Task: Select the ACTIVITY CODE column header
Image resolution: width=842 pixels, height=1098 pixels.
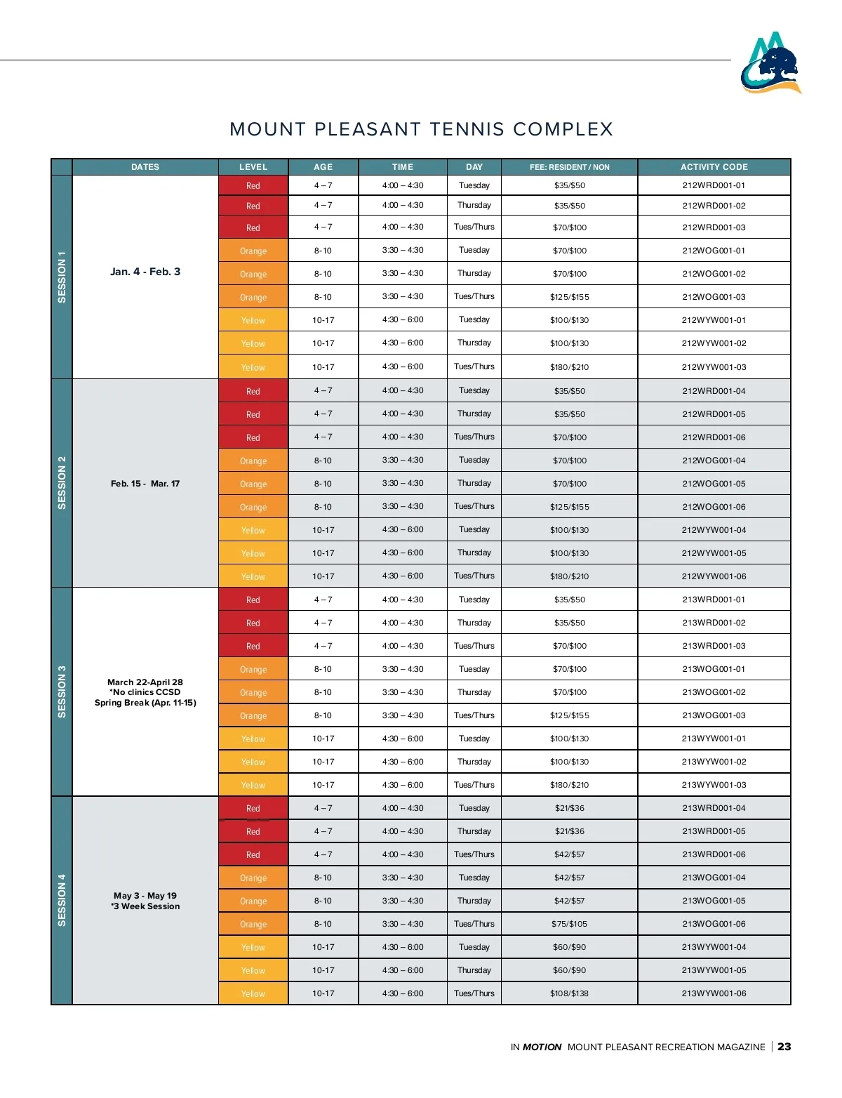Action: tap(714, 167)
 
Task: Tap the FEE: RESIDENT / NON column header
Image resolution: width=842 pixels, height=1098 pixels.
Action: tap(569, 167)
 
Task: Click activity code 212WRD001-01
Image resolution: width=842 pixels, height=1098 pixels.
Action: tap(714, 185)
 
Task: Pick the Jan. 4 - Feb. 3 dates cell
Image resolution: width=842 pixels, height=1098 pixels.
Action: tap(145, 272)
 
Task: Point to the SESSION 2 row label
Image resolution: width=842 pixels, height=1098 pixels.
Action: tap(62, 483)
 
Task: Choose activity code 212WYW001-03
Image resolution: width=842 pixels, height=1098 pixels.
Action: tap(714, 367)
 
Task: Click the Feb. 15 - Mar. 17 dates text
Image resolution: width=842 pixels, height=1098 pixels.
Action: tap(145, 484)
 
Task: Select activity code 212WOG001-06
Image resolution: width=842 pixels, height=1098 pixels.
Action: tap(714, 507)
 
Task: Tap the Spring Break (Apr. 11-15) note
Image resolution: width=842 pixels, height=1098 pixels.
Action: tap(145, 703)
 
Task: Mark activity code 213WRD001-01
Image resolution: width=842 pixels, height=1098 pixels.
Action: tap(714, 600)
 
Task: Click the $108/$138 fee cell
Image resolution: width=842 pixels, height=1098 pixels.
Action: tap(569, 993)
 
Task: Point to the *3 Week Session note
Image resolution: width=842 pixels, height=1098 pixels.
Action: tap(145, 906)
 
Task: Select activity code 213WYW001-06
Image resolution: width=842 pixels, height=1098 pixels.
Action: tap(714, 993)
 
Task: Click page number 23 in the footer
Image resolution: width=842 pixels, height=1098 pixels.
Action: tap(784, 1047)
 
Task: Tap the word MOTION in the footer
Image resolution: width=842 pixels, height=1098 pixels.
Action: tap(542, 1047)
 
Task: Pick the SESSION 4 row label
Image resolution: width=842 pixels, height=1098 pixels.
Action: tap(62, 900)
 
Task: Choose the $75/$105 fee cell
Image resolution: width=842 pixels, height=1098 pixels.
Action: tap(569, 924)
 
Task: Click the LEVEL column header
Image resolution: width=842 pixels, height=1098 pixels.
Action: tap(253, 167)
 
